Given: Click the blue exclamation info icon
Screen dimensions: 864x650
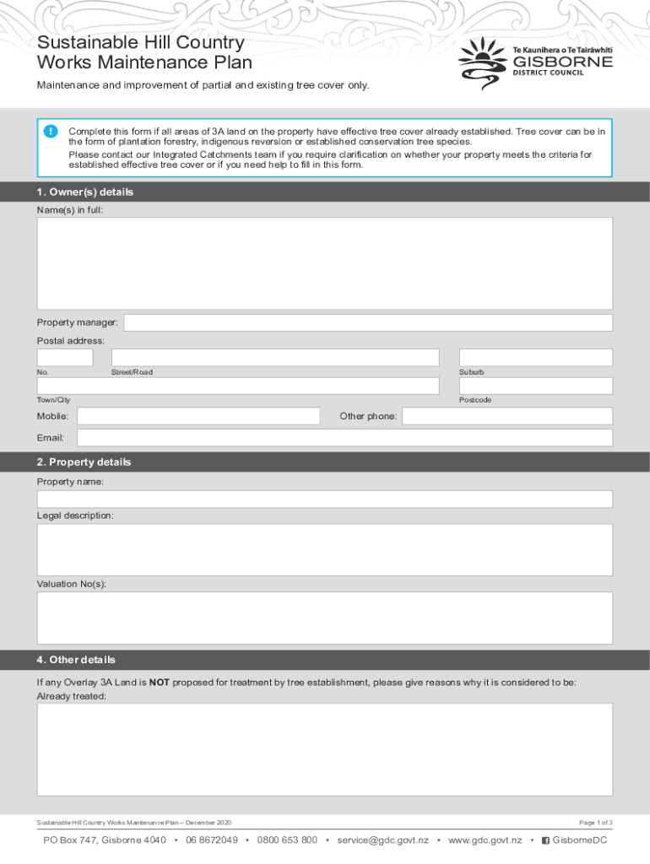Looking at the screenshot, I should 51,132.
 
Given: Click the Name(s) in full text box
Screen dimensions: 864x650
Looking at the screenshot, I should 324,263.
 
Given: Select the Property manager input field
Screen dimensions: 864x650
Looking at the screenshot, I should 368,323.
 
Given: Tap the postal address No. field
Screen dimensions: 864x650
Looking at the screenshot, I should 65,358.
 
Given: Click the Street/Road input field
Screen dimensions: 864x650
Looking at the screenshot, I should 275,358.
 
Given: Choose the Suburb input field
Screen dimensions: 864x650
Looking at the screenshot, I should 535,358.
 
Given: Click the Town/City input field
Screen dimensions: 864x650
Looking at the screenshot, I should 238,386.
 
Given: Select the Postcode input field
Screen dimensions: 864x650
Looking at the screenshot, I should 535,386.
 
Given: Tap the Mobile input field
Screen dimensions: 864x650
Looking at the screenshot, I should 198,416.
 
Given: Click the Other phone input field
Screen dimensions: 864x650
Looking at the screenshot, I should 507,416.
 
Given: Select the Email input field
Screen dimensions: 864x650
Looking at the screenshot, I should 344,438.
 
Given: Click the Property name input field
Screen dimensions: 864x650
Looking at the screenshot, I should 324,499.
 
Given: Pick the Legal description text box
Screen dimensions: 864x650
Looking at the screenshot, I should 324,549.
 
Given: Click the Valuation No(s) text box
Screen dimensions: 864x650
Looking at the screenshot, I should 324,618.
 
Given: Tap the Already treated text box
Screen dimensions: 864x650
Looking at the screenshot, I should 324,749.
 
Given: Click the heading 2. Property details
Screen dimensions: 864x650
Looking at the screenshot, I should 84,462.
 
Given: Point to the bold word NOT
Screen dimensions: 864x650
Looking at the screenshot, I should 160,683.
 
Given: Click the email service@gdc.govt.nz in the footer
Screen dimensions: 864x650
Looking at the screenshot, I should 382,840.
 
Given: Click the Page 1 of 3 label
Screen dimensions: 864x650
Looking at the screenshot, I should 595,823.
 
